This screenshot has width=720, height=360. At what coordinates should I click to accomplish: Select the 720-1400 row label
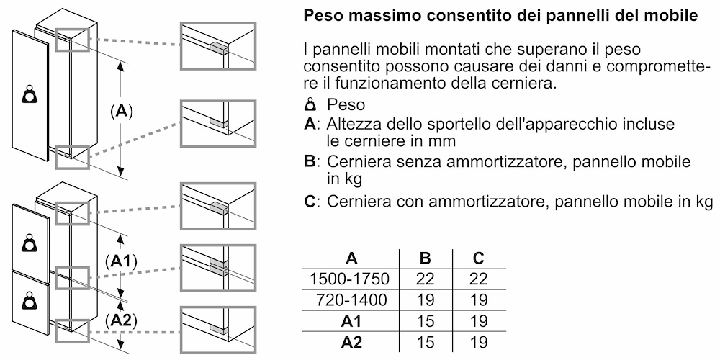(x=352, y=300)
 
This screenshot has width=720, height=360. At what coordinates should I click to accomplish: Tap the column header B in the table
(x=426, y=258)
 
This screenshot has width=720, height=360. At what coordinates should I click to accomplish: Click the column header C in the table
(x=479, y=258)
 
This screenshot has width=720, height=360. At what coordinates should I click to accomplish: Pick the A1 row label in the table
(x=352, y=321)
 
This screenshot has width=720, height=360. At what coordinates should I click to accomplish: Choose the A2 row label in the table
(x=352, y=342)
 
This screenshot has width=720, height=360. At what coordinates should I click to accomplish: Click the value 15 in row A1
(x=426, y=321)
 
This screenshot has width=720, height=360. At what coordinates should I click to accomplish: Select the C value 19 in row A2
(x=479, y=342)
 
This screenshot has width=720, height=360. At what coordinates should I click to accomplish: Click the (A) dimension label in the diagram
(x=121, y=111)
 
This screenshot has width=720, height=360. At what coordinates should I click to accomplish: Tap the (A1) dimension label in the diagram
(x=121, y=262)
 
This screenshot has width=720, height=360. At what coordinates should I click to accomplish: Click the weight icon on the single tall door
(x=30, y=94)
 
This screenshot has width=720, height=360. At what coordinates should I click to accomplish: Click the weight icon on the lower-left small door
(x=30, y=299)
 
